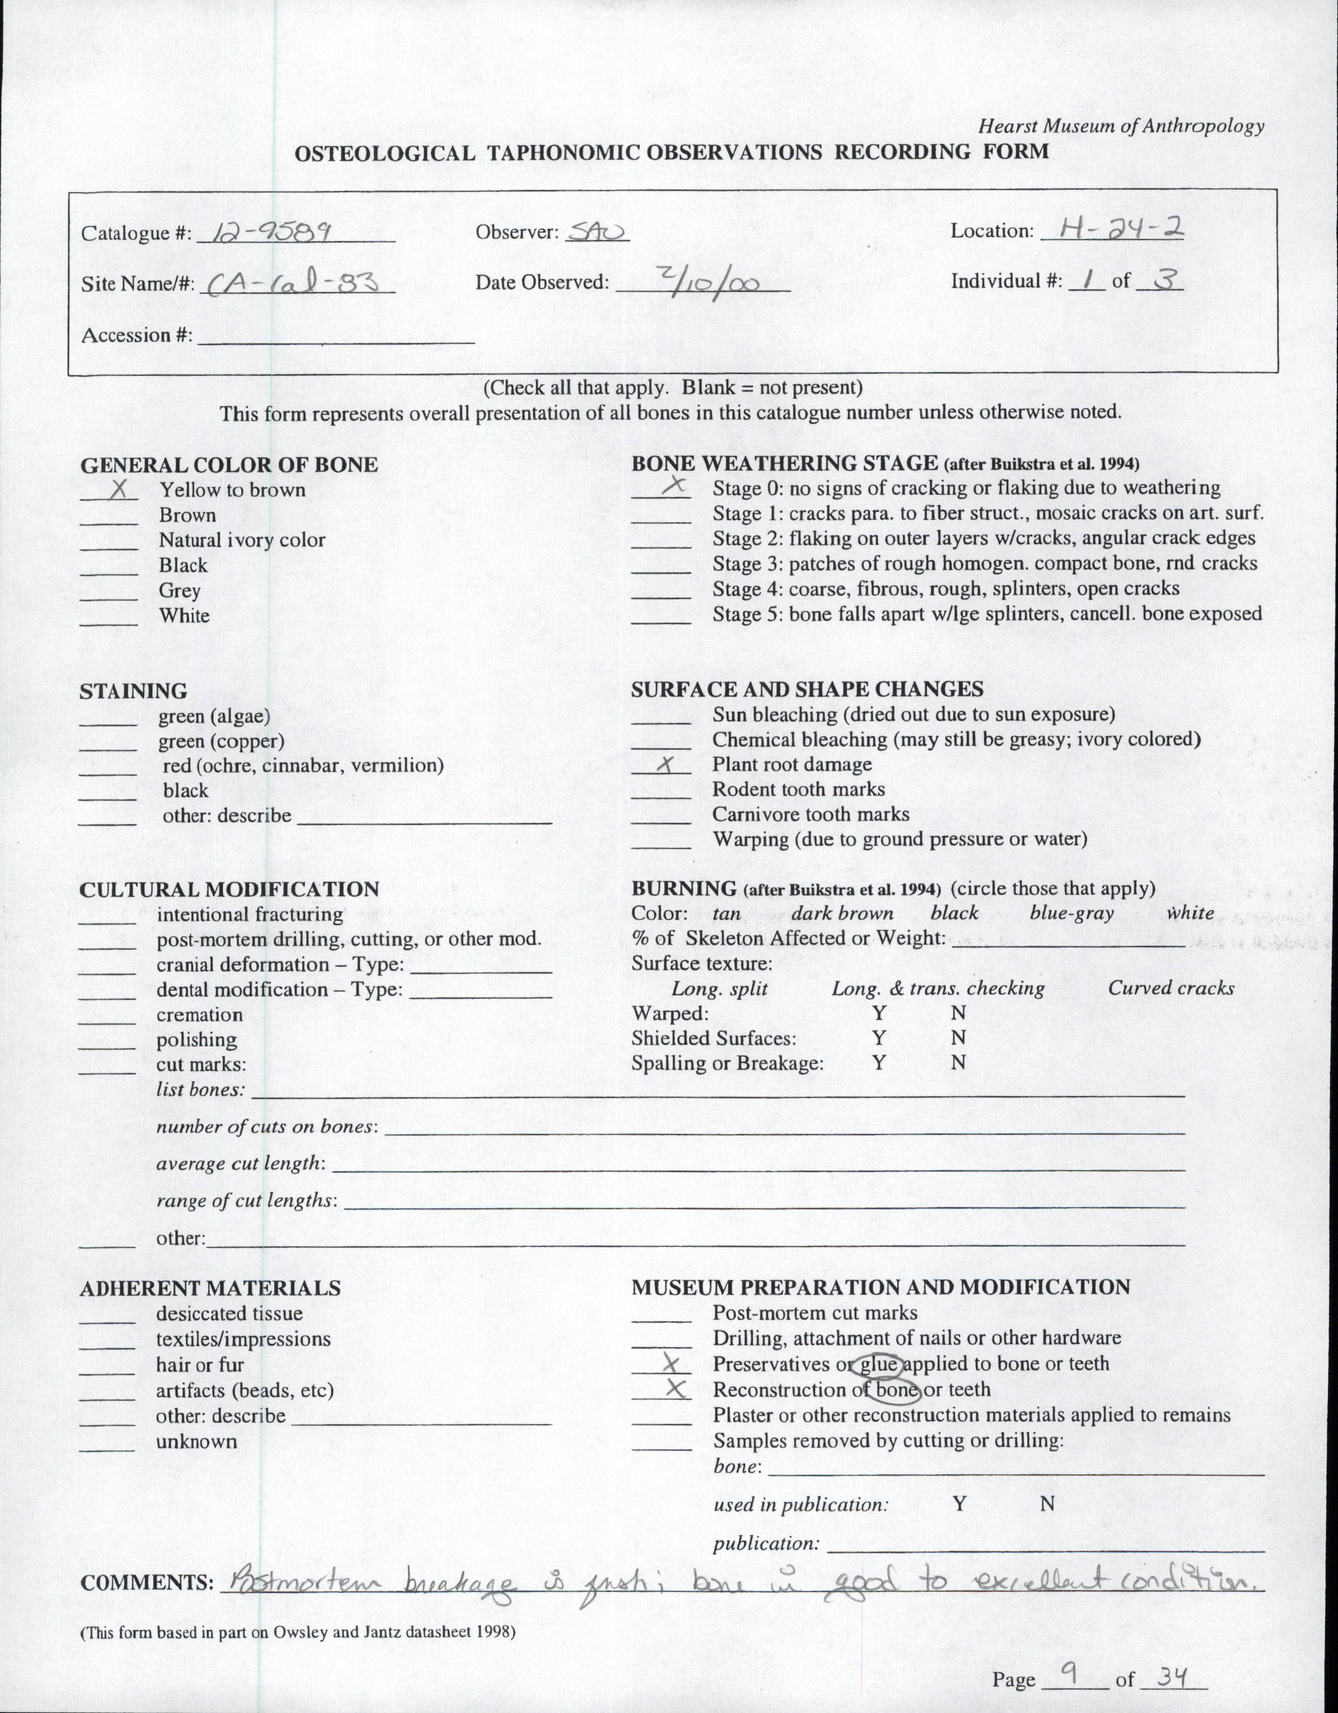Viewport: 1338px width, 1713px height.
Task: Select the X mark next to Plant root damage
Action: pyautogui.click(x=665, y=764)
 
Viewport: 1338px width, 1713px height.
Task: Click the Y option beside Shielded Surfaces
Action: pyautogui.click(x=879, y=1038)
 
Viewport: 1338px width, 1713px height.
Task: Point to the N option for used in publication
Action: pyautogui.click(x=1047, y=1504)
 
